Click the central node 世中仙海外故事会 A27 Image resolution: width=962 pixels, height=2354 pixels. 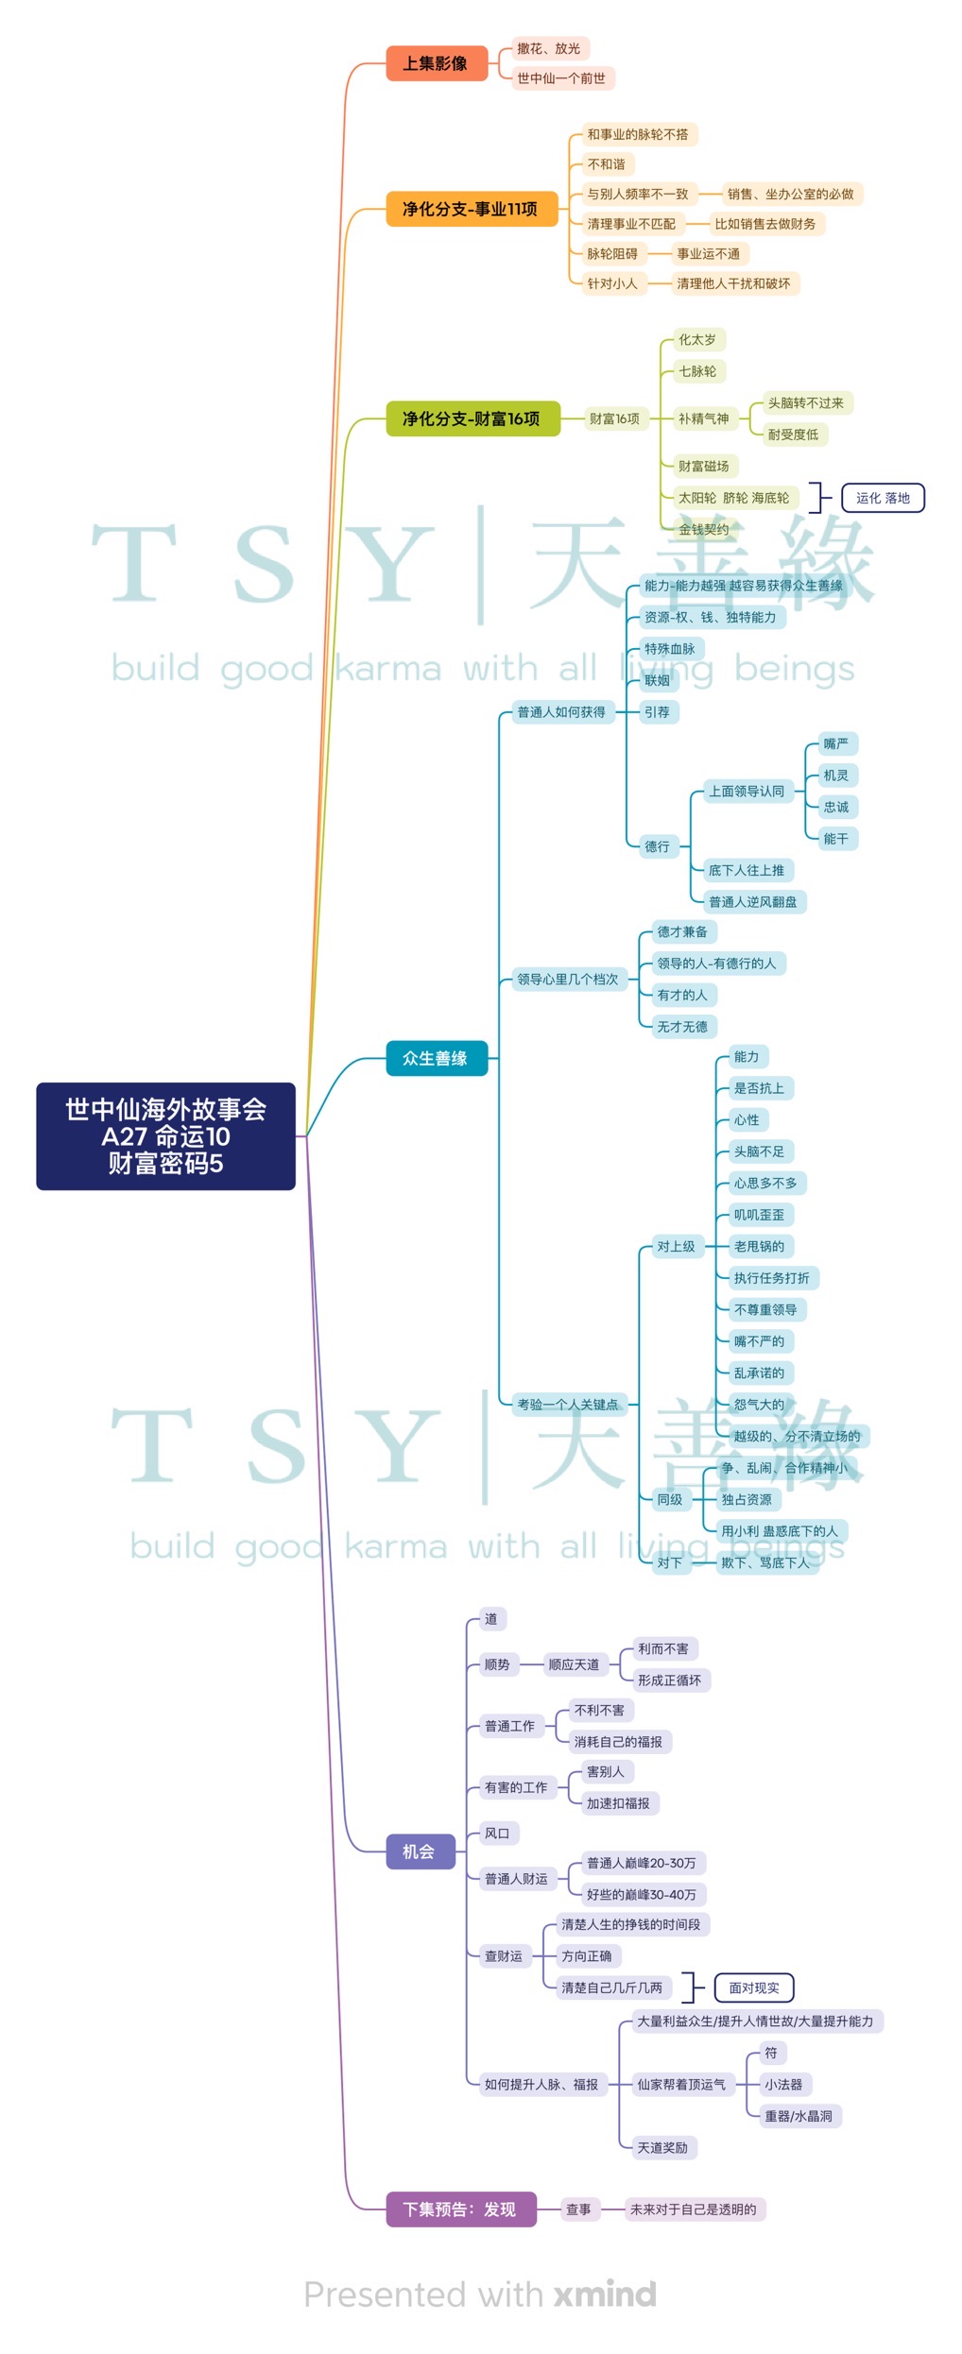(165, 1135)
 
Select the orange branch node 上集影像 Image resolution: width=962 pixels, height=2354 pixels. (436, 63)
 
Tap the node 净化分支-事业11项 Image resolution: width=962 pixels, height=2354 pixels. (471, 209)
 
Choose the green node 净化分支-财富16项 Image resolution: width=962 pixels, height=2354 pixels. (472, 418)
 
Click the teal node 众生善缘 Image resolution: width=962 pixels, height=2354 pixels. (436, 1058)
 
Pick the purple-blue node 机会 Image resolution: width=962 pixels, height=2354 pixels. (420, 1851)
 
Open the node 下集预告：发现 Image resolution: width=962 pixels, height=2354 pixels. (460, 2209)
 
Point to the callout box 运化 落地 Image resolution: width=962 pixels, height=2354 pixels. (883, 498)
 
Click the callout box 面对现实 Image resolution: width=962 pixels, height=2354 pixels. (754, 1987)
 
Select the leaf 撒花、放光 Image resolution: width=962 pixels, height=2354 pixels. (549, 48)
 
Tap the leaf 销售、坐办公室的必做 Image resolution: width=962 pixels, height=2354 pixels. (790, 195)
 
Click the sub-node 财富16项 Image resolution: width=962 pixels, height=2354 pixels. (614, 418)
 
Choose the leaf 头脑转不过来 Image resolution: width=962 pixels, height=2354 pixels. (806, 403)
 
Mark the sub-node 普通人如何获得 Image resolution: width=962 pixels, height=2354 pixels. (561, 712)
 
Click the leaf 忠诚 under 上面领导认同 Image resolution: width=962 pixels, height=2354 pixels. (836, 807)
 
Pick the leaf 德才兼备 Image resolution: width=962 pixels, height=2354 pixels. (682, 931)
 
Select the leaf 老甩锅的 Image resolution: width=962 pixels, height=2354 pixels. (759, 1246)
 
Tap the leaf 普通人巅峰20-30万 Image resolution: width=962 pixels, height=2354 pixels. (642, 1863)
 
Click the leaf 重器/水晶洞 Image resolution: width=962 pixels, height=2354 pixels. (799, 2116)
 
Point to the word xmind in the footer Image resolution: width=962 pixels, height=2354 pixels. (605, 2294)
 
